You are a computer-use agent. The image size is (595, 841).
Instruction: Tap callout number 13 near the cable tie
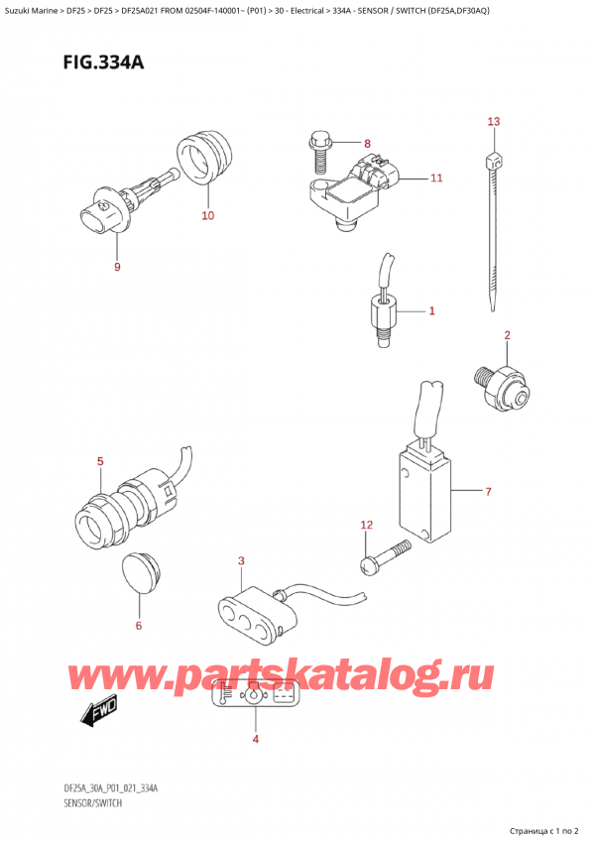494,121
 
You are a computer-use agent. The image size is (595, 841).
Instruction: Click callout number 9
117,267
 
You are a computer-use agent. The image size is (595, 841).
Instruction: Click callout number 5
99,460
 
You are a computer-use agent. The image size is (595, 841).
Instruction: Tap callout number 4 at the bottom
255,739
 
